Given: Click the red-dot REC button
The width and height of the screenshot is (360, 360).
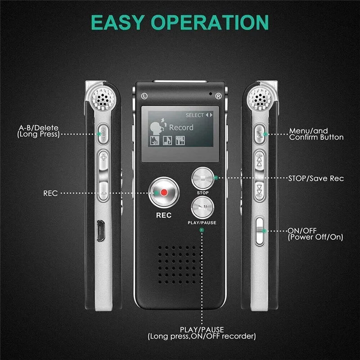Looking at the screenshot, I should click(x=163, y=193).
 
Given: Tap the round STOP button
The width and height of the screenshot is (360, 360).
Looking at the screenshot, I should click(x=202, y=178).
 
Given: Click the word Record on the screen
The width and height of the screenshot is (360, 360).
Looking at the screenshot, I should click(x=181, y=127).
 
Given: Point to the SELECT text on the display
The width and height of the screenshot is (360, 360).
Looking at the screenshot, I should click(x=194, y=115).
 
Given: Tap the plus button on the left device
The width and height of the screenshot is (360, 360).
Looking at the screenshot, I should click(x=103, y=158).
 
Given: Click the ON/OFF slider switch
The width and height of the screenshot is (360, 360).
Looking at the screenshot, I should click(x=260, y=231).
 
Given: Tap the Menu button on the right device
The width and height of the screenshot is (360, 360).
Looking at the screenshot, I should click(x=260, y=133).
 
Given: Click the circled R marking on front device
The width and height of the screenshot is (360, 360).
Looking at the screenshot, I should click(x=218, y=96).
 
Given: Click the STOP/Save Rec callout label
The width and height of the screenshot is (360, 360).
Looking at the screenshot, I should click(x=315, y=179).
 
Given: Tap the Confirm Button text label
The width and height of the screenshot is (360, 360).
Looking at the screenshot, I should click(x=316, y=137).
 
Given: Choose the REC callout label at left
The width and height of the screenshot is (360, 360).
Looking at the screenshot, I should click(x=50, y=193).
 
